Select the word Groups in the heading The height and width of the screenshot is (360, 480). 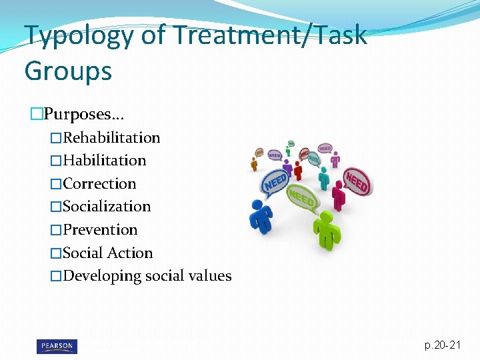pos(68,69)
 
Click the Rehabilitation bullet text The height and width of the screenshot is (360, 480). pos(111,138)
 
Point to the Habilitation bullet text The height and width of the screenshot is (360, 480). pos(104,161)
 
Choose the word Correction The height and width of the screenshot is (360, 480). pos(99,184)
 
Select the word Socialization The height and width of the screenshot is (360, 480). pos(107,207)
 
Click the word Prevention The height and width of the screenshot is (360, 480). pos(100,230)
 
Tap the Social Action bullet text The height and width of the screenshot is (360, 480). pos(107,253)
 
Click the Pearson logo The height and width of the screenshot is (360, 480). pos(56,345)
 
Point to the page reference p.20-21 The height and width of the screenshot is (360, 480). pos(442,345)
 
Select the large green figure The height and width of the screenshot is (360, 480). pos(326,229)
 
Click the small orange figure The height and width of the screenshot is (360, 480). pos(254,163)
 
